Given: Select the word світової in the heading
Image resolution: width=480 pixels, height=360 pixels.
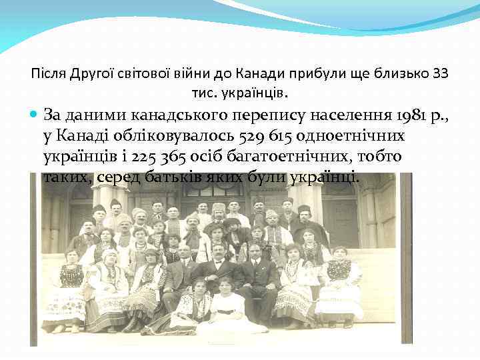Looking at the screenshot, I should click(137, 72).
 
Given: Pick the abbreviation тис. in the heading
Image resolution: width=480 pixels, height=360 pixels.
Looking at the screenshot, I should click(203, 90).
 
